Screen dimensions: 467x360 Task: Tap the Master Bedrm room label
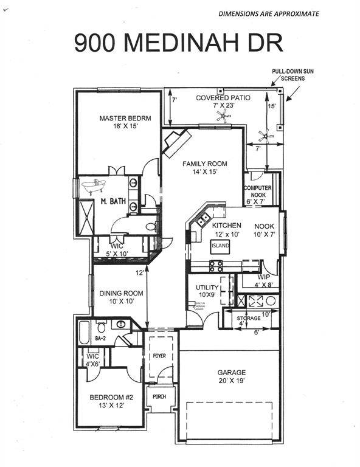click(x=125, y=122)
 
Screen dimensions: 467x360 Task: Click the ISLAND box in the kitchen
click(x=220, y=246)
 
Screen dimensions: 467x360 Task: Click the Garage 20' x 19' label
click(x=232, y=376)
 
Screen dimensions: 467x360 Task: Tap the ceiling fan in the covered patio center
click(x=223, y=119)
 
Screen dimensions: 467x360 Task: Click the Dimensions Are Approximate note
click(x=268, y=13)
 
